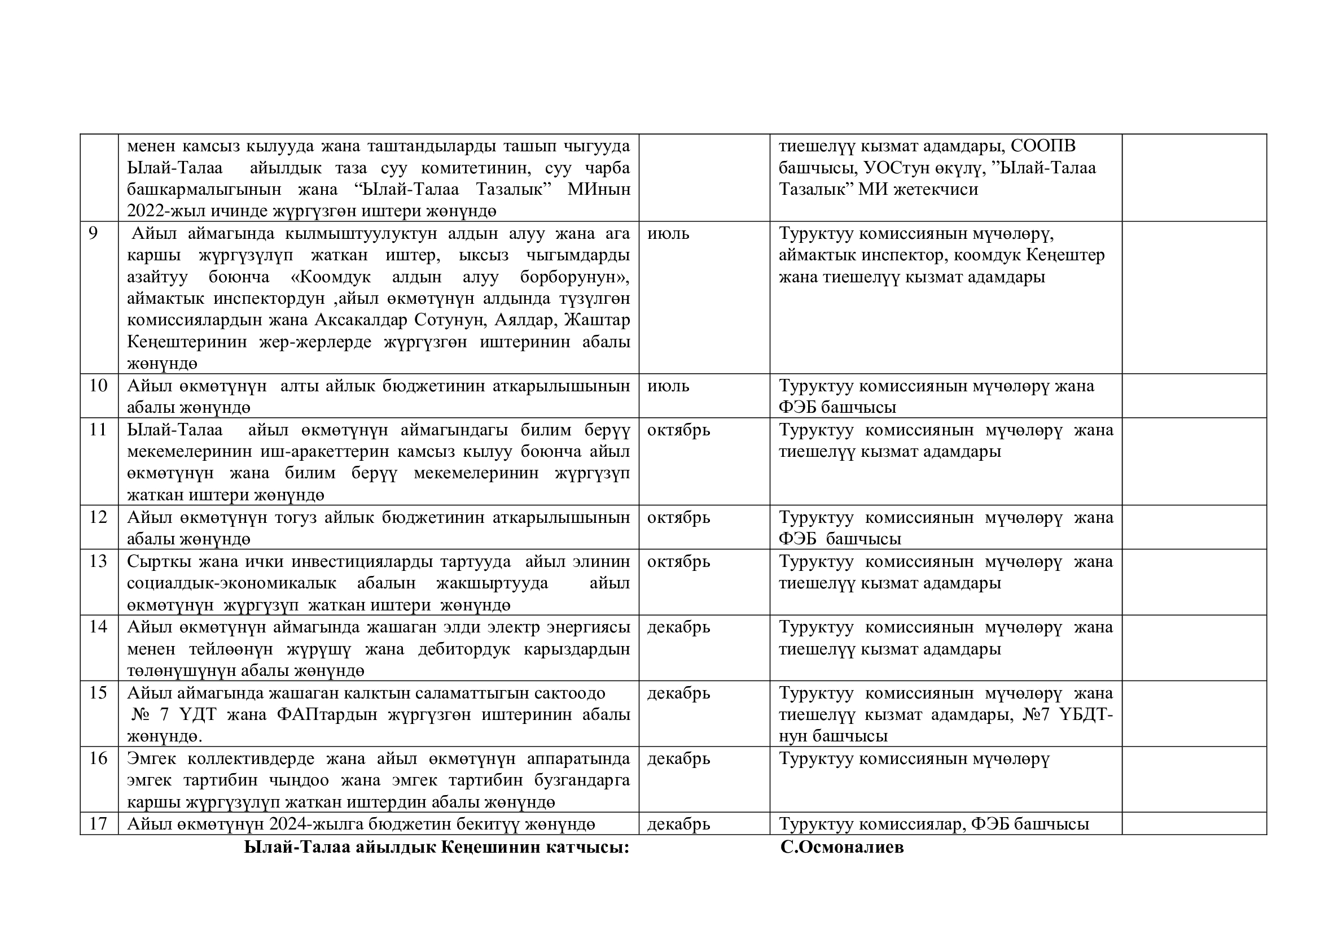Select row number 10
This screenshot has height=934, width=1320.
(98, 385)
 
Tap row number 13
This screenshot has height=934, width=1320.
(98, 561)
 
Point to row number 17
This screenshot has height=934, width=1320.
(98, 823)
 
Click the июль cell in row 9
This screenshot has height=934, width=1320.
(668, 234)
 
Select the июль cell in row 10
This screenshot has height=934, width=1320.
(668, 385)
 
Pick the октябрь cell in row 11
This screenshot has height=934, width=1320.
(678, 430)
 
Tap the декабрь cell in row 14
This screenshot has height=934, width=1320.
(678, 627)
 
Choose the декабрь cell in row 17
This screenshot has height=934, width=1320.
(678, 824)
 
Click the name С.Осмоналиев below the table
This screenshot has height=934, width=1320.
(841, 847)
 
